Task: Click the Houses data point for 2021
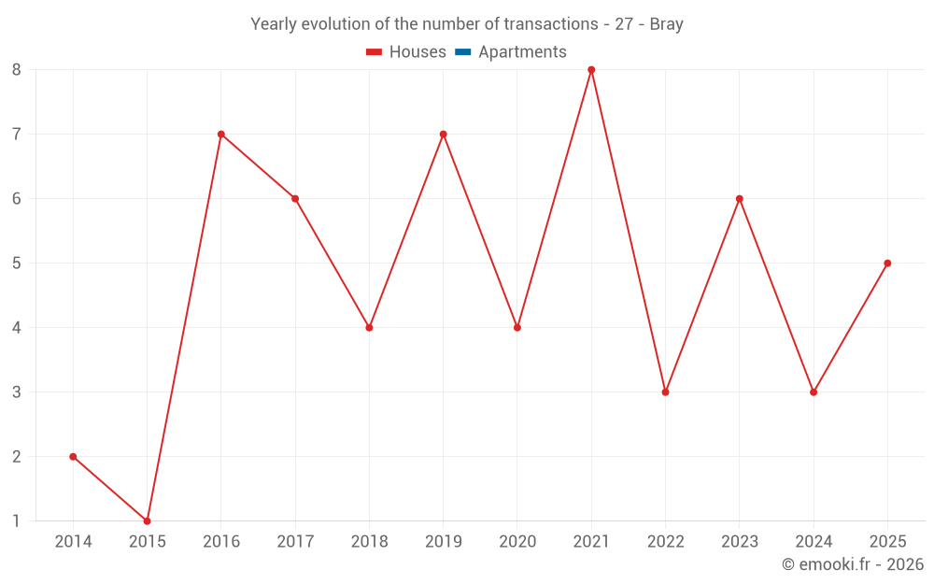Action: [591, 70]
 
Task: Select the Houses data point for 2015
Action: [148, 520]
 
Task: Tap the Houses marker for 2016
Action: [221, 135]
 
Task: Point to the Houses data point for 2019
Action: [444, 135]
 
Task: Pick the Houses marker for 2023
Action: [740, 199]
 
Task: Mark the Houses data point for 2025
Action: [887, 264]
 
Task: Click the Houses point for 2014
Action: [73, 457]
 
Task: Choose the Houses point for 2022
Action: [665, 392]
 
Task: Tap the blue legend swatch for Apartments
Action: [463, 52]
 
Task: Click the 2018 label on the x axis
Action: [369, 542]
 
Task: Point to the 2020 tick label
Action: [517, 542]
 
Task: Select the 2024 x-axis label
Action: [814, 542]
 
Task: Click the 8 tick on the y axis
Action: [17, 70]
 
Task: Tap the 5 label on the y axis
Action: [17, 264]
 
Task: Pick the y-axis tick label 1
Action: [17, 521]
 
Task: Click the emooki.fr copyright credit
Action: [853, 564]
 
